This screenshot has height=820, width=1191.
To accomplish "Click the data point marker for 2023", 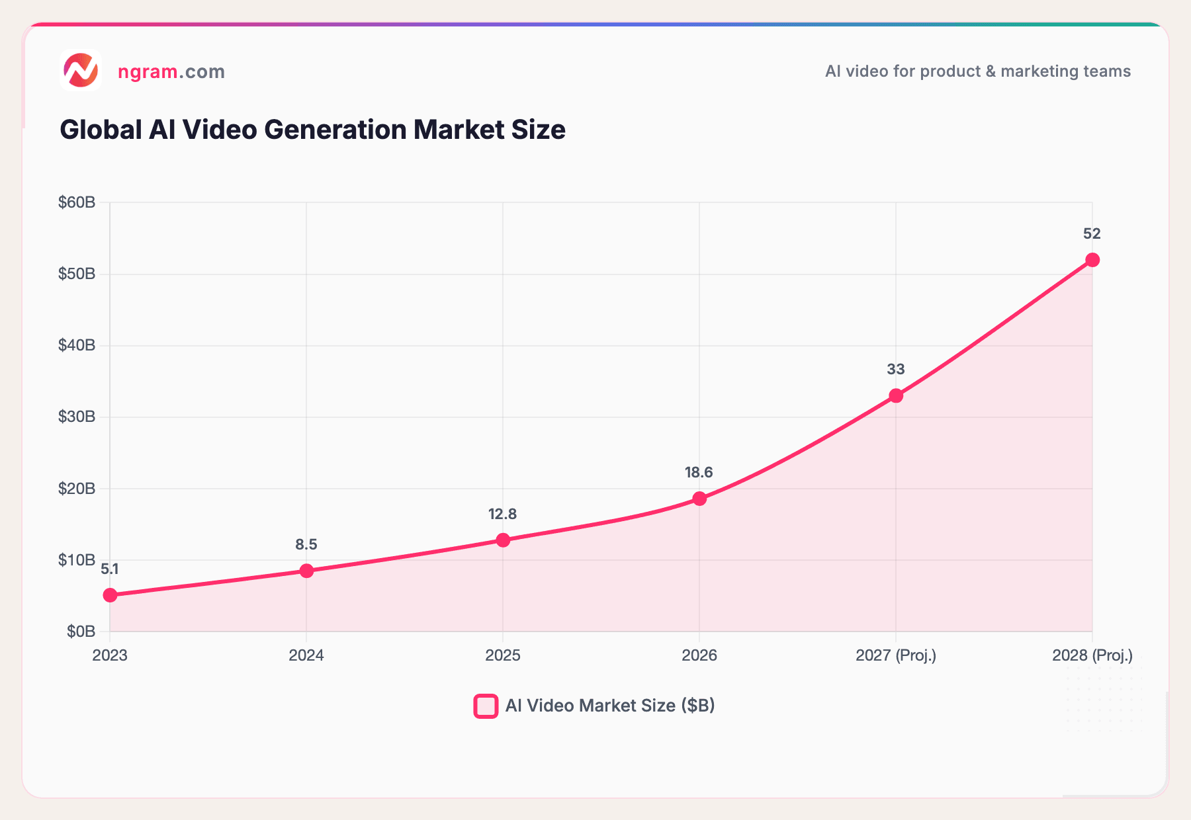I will (110, 595).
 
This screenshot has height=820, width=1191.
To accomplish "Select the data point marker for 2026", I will (699, 499).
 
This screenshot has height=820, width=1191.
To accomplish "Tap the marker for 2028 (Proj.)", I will (1092, 260).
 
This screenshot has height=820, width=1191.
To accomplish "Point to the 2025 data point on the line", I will (503, 540).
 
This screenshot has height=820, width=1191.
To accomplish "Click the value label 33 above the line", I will (896, 369).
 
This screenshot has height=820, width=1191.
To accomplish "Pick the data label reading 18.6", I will (699, 472).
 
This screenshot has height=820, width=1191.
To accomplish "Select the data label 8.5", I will (306, 544).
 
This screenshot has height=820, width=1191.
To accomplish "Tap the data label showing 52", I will (1092, 233).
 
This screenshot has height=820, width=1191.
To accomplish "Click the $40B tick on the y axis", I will (77, 345).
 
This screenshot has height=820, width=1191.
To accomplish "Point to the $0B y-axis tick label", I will (81, 632).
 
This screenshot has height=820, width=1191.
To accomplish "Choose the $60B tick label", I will (77, 202).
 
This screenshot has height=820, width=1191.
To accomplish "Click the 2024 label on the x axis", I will (306, 655).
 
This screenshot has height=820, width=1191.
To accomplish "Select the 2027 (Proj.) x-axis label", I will (896, 655).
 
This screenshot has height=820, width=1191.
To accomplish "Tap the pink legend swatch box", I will (486, 706).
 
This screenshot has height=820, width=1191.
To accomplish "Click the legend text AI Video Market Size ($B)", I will (610, 706).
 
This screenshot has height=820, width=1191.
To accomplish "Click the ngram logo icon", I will (81, 71).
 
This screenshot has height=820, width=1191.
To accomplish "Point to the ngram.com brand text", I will (171, 71).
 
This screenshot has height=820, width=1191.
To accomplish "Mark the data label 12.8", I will (502, 514).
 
